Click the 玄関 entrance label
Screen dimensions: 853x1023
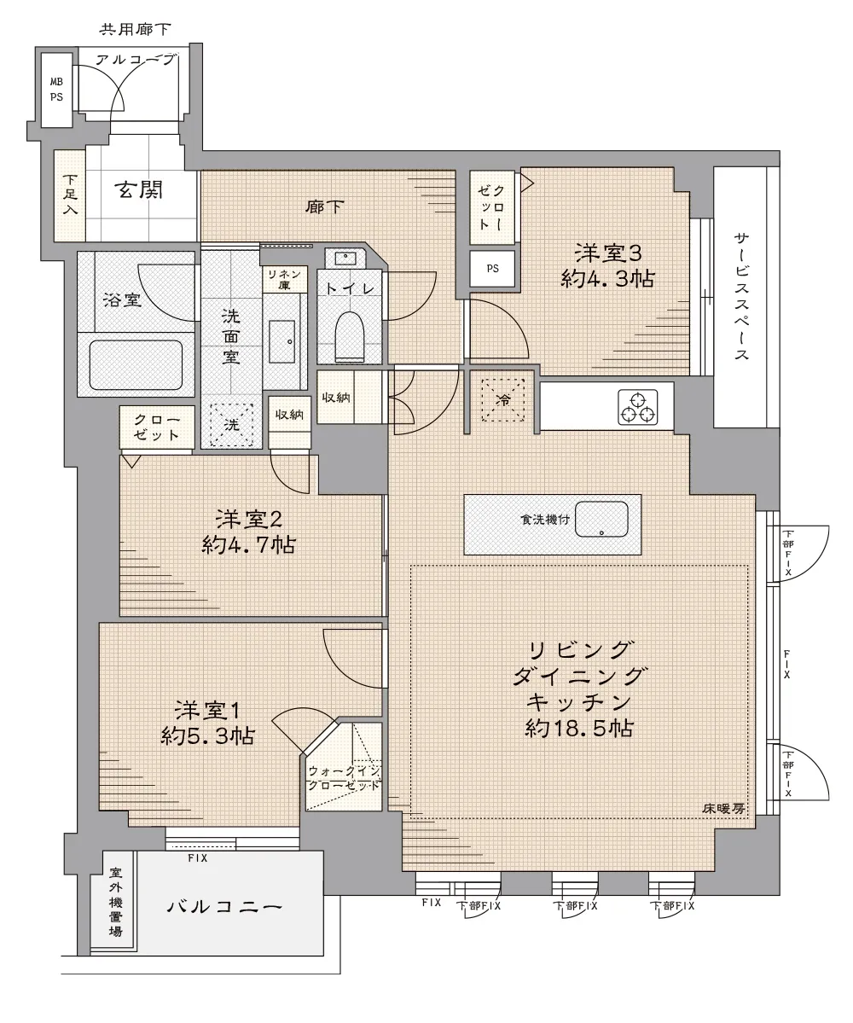pyautogui.click(x=138, y=190)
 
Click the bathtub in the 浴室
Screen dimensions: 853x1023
pyautogui.click(x=136, y=365)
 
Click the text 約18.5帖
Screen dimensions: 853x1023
pyautogui.click(x=579, y=728)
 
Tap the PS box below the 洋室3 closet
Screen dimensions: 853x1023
pyautogui.click(x=492, y=268)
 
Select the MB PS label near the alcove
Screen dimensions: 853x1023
pyautogui.click(x=57, y=90)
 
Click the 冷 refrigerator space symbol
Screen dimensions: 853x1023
pyautogui.click(x=503, y=400)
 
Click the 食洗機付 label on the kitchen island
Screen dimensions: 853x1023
pyautogui.click(x=545, y=520)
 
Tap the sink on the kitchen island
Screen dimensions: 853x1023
pyautogui.click(x=601, y=520)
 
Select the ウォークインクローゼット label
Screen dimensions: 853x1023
pyautogui.click(x=344, y=777)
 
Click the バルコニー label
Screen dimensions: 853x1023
pyautogui.click(x=224, y=907)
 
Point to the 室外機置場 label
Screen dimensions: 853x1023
pyautogui.click(x=116, y=901)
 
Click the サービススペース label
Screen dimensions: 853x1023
pyautogui.click(x=741, y=296)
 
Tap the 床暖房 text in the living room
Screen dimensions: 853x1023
pyautogui.click(x=723, y=808)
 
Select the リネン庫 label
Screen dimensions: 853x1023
pyautogui.click(x=284, y=280)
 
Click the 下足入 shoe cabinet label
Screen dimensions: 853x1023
pyautogui.click(x=70, y=195)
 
